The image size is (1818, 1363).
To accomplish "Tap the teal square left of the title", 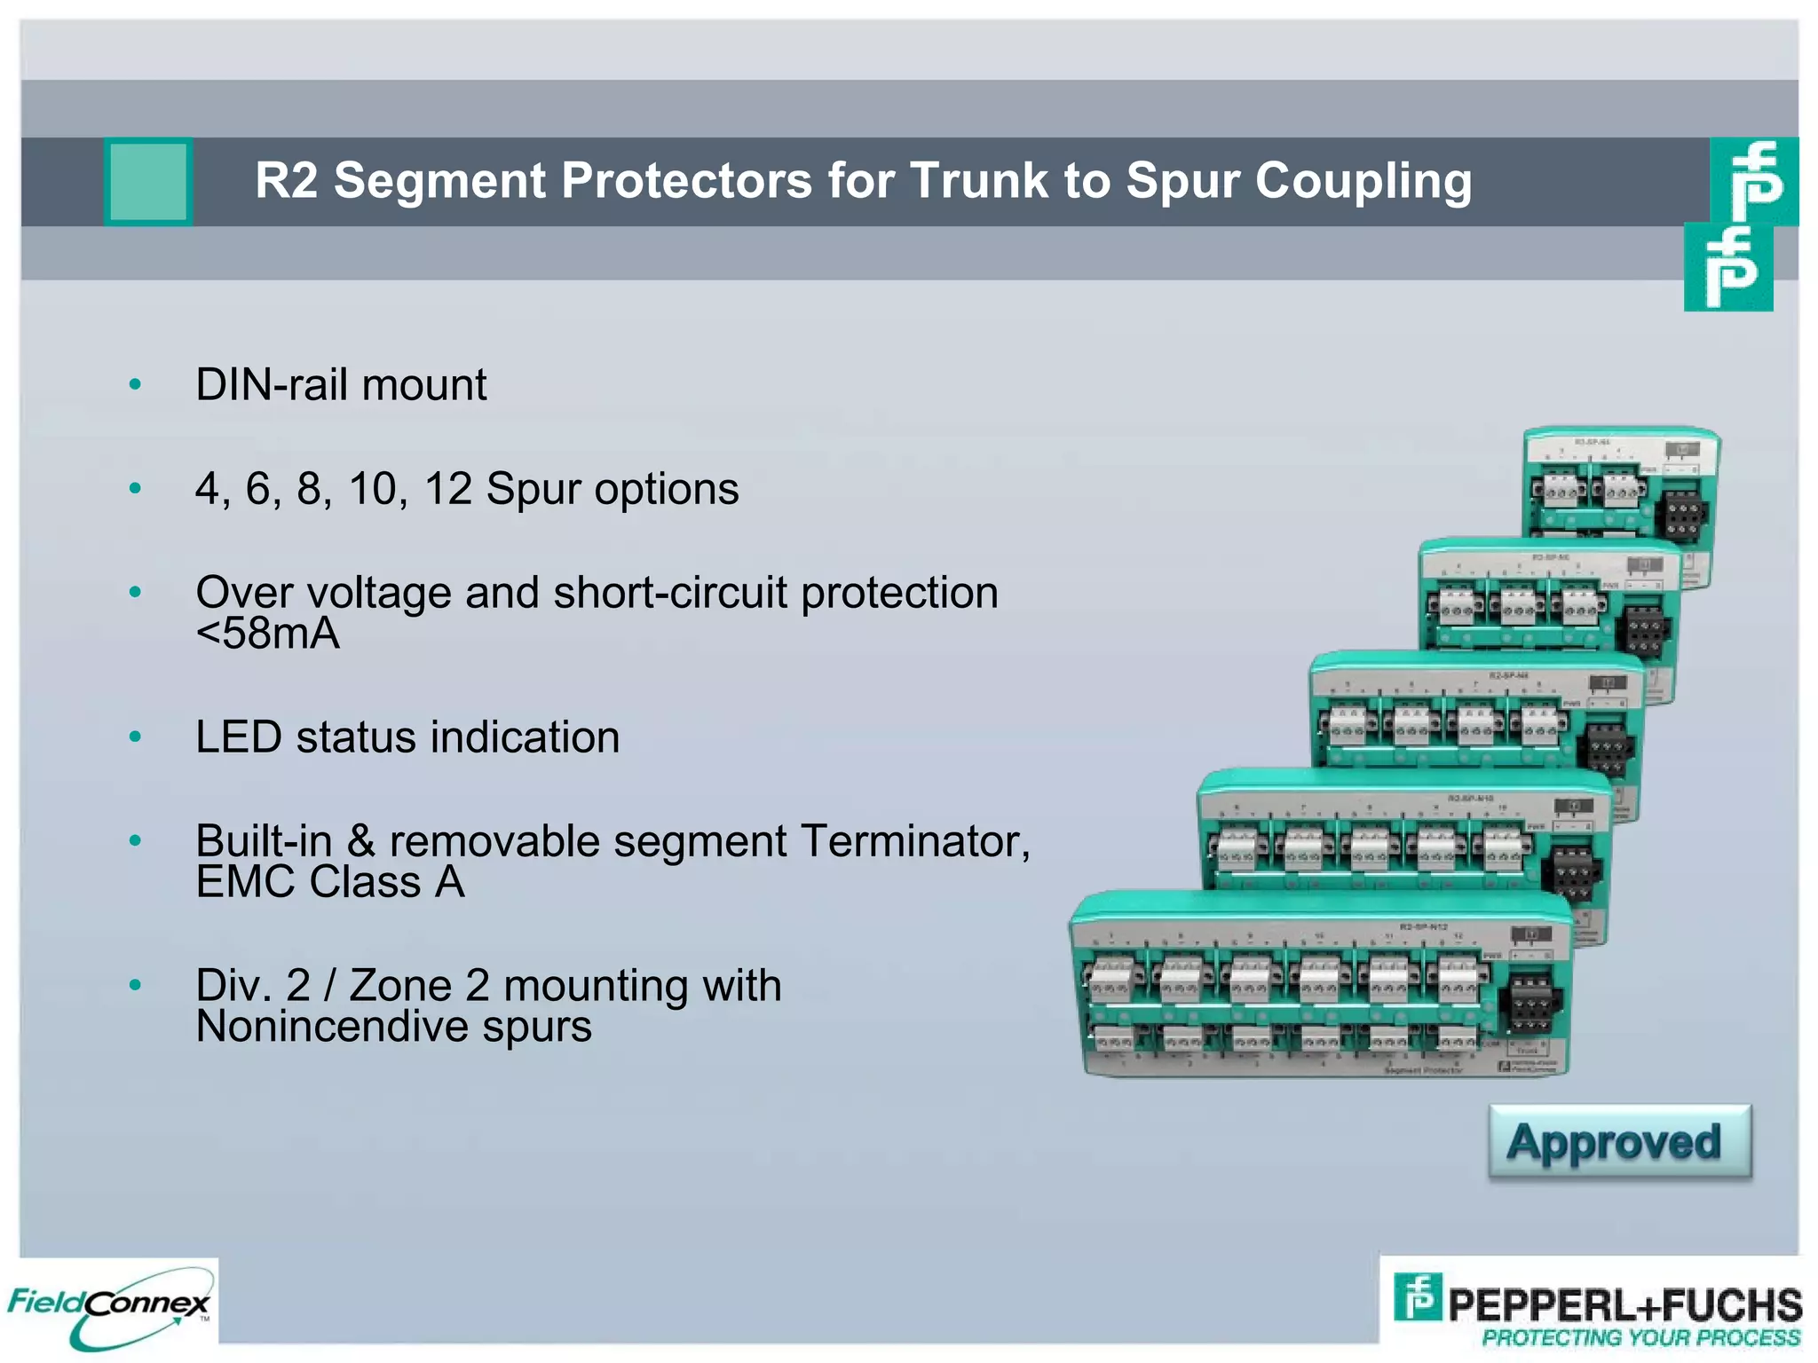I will (x=148, y=181).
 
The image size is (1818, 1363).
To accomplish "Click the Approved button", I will (x=1619, y=1142).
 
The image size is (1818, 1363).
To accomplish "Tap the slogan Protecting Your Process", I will (x=1640, y=1337).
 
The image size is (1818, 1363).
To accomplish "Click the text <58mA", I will (x=267, y=634).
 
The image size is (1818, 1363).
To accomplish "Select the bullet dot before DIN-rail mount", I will (x=135, y=385).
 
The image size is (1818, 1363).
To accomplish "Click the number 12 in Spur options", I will (x=448, y=489).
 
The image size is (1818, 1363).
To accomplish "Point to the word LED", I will (x=238, y=737).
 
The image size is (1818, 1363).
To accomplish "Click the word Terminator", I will (x=914, y=841).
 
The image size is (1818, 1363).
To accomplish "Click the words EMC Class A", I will (x=329, y=882).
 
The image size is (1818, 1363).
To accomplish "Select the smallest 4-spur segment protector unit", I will (x=1619, y=488).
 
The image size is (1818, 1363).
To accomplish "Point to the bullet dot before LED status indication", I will (x=135, y=737).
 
